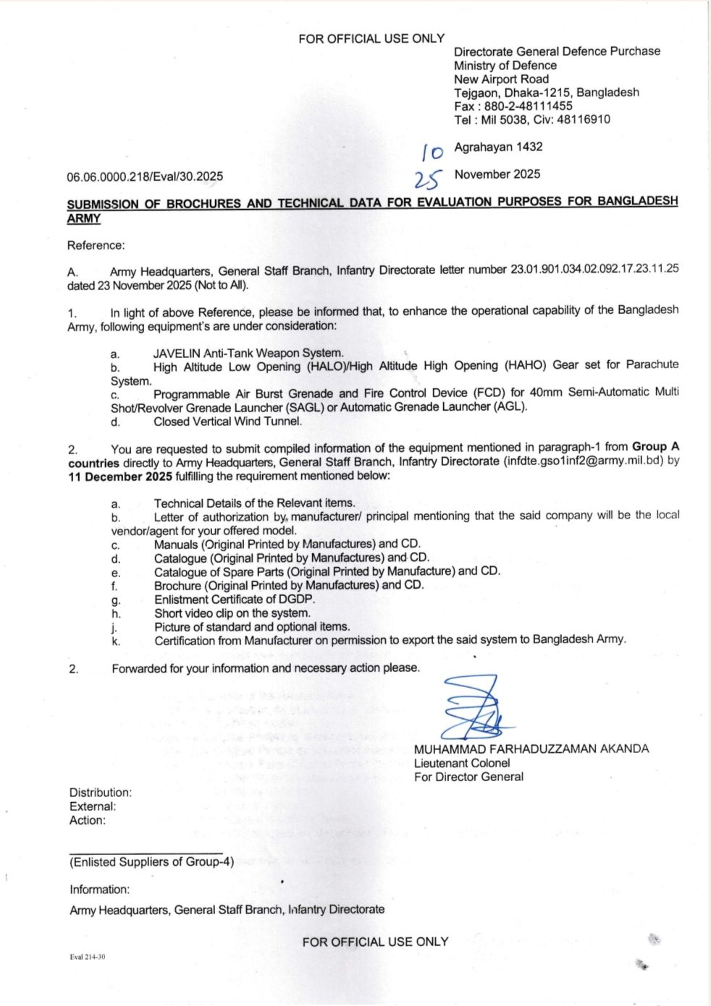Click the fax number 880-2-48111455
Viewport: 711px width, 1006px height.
point(529,106)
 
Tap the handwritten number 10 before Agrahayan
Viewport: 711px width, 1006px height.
point(432,152)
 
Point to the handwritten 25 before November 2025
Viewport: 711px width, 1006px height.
point(427,179)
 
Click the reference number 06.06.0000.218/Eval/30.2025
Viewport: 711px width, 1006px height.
point(145,176)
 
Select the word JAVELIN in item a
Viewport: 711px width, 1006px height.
point(177,354)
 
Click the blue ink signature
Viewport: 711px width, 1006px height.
point(474,707)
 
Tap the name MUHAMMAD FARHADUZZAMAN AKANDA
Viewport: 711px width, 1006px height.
point(531,749)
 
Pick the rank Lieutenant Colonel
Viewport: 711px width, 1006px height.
point(462,763)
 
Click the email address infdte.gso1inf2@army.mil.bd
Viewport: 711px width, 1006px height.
point(584,461)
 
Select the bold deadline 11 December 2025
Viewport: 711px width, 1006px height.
point(120,476)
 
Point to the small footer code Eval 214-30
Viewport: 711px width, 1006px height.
point(88,957)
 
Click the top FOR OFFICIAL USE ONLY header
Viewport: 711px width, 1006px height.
point(371,38)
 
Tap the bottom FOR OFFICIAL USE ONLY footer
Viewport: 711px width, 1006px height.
point(375,942)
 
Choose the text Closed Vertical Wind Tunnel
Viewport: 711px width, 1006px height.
point(228,421)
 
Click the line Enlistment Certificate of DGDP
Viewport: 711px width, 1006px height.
point(235,600)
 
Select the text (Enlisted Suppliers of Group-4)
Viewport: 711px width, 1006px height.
point(151,861)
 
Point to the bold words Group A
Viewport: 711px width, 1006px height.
point(656,446)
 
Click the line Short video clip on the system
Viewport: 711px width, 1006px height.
point(232,613)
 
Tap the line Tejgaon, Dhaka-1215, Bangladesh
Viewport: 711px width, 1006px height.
point(547,93)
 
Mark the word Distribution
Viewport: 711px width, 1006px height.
point(101,793)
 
